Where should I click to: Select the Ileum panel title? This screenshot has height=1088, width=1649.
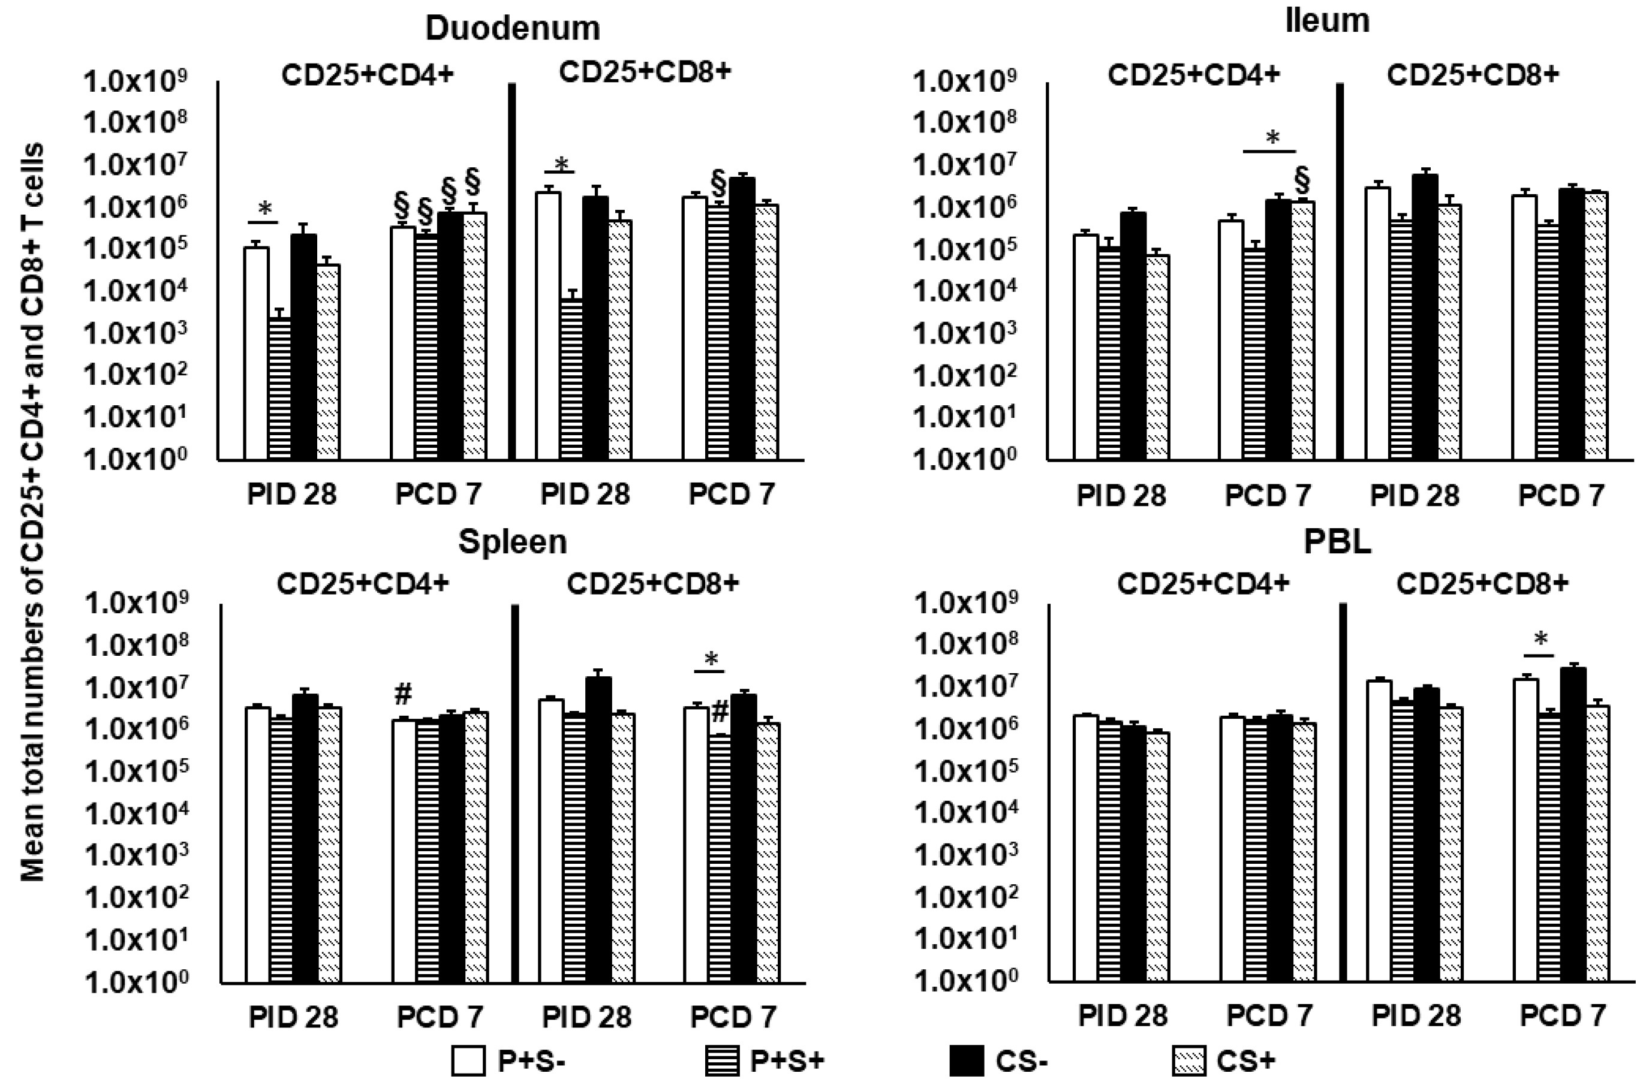[1326, 21]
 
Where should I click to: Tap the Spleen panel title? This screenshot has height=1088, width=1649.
[512, 542]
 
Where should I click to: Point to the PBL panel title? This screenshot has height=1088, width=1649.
[1337, 542]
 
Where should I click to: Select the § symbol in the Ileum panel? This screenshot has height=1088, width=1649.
[1302, 181]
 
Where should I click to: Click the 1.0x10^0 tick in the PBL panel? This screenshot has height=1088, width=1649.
[965, 979]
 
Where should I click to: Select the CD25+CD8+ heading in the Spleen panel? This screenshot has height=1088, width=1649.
[652, 584]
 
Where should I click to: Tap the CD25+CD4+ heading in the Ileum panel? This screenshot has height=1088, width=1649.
[1193, 75]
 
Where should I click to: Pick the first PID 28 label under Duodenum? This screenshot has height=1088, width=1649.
[291, 495]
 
